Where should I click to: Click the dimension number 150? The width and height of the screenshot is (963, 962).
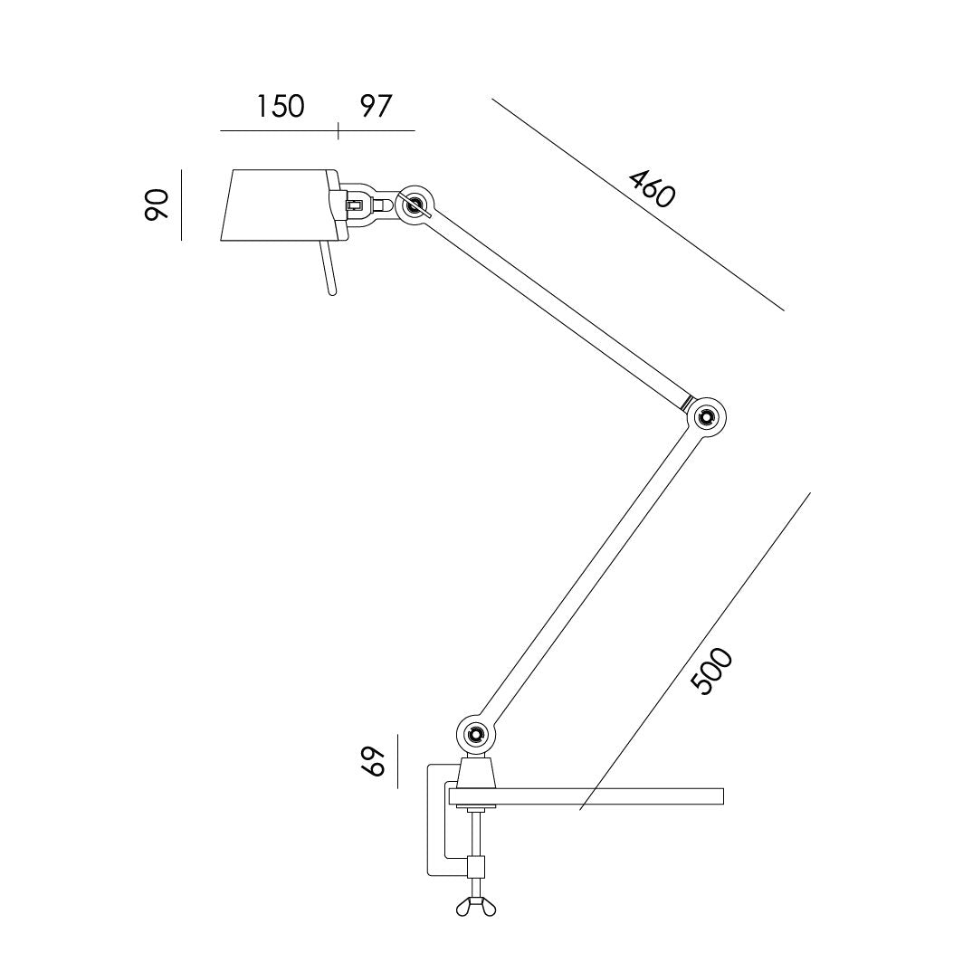click(x=279, y=106)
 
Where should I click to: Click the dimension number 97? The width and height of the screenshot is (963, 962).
click(x=376, y=106)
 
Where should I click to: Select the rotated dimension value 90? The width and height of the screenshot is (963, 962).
click(x=157, y=205)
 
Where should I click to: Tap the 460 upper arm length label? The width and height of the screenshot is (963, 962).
click(x=652, y=188)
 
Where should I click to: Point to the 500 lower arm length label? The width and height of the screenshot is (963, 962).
click(x=711, y=672)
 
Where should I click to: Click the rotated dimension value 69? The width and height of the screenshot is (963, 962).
click(x=373, y=761)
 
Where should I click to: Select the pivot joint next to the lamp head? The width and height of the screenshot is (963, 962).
click(x=416, y=205)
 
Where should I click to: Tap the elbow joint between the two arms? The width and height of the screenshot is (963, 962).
click(x=706, y=417)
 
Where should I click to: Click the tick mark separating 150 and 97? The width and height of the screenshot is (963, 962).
click(x=338, y=131)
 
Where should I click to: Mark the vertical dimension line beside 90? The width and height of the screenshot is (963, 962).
click(x=182, y=205)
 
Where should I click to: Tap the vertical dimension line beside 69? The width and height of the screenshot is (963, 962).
click(x=397, y=761)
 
